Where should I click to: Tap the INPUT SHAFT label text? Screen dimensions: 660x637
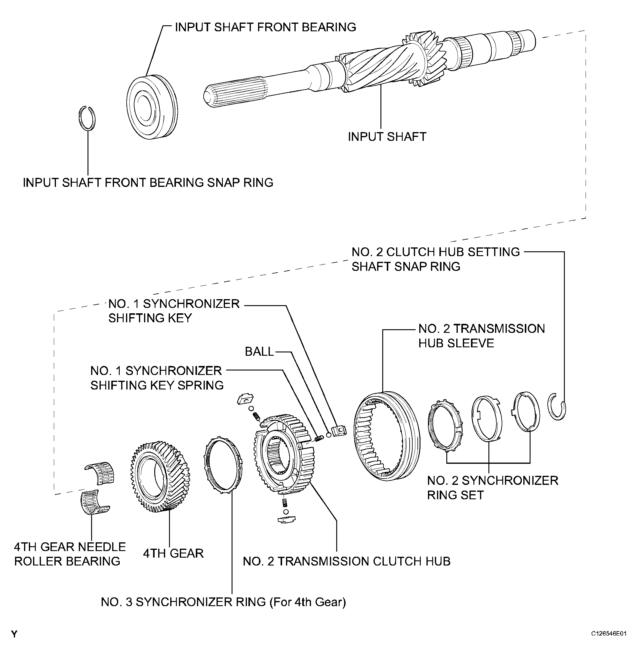click(387, 137)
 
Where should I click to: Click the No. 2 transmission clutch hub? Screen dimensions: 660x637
click(284, 454)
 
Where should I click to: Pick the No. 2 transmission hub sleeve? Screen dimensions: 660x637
click(387, 436)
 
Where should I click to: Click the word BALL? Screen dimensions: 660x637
click(259, 352)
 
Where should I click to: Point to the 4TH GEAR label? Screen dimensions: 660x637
click(173, 553)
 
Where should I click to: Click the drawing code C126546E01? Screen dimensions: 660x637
click(609, 634)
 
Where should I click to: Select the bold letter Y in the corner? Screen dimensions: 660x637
click(14, 634)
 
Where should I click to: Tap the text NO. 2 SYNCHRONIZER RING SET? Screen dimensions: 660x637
click(492, 488)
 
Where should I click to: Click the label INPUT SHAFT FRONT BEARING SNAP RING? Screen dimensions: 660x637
click(148, 183)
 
